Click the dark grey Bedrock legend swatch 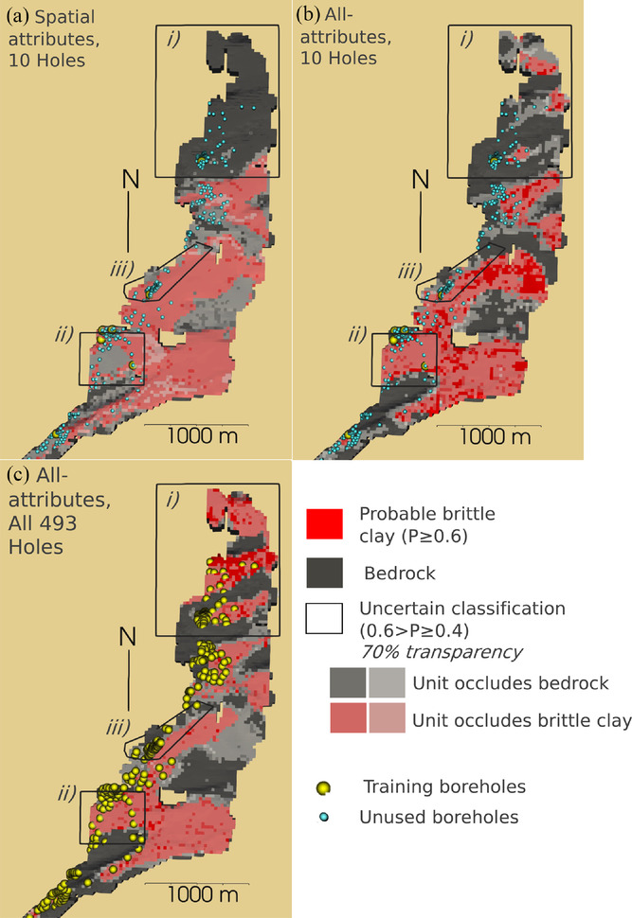[x=324, y=571]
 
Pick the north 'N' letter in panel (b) [x=422, y=178]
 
